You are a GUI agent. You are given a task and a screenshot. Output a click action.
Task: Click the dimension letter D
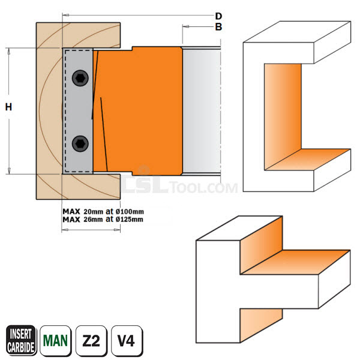pos(218,16)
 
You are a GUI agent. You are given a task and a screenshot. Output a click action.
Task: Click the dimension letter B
pos(218,27)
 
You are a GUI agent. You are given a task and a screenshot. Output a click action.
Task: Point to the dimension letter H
pos(8,107)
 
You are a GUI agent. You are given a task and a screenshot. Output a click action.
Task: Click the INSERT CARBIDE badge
pos(19,340)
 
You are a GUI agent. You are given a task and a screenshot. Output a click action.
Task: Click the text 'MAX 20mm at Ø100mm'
pos(103,211)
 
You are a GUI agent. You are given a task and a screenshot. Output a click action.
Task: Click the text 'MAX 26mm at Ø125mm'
pos(103,219)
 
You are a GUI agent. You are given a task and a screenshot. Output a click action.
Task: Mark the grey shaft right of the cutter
pos(202,111)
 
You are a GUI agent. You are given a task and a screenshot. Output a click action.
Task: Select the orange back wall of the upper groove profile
pos(282,111)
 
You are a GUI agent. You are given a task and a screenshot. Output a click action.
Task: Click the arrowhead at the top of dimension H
pos(9,51)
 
